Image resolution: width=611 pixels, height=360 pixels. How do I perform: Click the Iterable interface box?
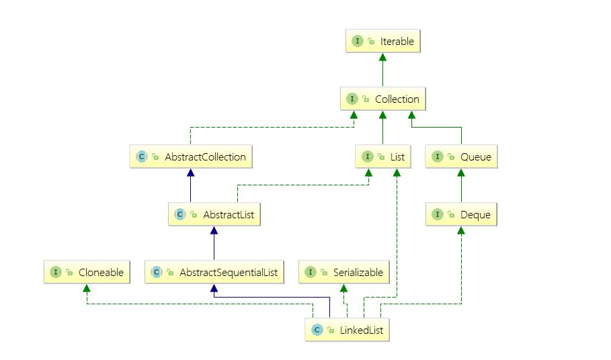pos(382,42)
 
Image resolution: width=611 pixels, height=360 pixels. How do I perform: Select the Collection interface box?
pos(382,99)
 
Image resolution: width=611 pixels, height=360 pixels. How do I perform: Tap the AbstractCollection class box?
pos(191,157)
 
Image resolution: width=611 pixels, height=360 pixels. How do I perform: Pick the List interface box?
pos(382,157)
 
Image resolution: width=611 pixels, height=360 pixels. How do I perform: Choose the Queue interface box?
pos(461,157)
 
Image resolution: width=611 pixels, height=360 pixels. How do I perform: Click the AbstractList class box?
pos(214,215)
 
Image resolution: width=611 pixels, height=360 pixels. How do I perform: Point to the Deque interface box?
pos(461,215)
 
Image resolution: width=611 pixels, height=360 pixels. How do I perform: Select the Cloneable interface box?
pos(87,273)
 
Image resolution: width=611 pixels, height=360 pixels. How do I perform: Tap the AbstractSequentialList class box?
pos(214,273)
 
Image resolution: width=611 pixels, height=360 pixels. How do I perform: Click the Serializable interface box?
pos(343,273)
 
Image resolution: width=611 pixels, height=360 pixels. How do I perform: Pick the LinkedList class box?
pos(347,330)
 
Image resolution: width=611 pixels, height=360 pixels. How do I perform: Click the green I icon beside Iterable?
pos(357,42)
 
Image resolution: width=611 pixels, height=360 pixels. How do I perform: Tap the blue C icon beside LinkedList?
pos(316,330)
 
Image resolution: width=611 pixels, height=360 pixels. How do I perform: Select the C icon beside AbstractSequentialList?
pos(157,273)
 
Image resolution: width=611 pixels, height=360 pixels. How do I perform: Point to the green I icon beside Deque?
pos(438,215)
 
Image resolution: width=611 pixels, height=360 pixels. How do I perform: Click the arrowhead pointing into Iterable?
pos(382,57)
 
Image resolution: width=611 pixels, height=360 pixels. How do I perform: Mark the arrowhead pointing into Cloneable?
pos(87,287)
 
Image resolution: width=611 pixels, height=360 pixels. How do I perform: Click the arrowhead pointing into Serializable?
pos(343,287)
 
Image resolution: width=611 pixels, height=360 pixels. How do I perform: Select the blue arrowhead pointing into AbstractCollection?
pos(191,173)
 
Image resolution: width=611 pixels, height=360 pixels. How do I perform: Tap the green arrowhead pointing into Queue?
pos(461,173)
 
